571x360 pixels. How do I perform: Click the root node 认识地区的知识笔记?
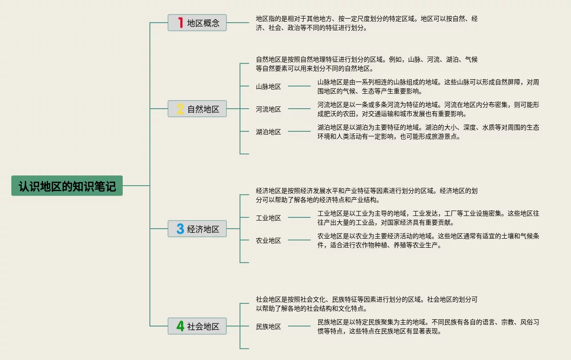tap(67, 186)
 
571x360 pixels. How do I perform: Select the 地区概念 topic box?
tap(197, 23)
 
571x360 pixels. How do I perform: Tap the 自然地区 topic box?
tap(197, 109)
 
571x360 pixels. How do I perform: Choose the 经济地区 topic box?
tap(197, 229)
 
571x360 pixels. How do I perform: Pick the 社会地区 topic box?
tap(197, 326)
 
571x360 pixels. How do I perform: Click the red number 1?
tap(181, 23)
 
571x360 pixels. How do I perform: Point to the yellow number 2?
tap(180, 109)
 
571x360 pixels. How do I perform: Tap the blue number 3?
tap(180, 229)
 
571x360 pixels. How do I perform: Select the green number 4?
tap(180, 326)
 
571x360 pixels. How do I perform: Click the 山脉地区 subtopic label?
tap(269, 86)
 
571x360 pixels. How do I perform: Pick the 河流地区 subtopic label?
tap(269, 109)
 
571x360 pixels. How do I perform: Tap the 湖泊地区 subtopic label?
tap(269, 132)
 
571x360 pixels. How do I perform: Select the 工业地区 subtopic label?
tap(269, 218)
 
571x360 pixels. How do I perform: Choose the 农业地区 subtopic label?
tap(269, 240)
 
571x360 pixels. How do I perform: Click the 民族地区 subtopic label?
tap(269, 326)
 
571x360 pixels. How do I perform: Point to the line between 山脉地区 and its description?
tap(299, 86)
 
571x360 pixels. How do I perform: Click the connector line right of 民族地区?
tap(299, 326)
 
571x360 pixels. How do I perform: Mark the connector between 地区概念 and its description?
tap(238, 23)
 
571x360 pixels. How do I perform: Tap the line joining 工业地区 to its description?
tap(299, 217)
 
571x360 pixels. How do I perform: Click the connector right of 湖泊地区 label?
tap(299, 131)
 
